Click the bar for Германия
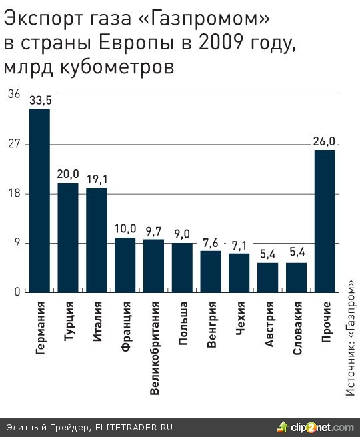click(x=39, y=200)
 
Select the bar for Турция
click(x=68, y=237)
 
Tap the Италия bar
click(x=97, y=240)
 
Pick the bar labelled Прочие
click(x=325, y=220)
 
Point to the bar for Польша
click(x=182, y=267)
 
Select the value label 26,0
click(x=324, y=141)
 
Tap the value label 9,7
click(x=154, y=230)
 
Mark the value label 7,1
click(x=239, y=245)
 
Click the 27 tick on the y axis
click(x=13, y=144)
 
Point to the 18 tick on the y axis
click(x=13, y=193)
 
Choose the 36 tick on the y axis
click(x=13, y=95)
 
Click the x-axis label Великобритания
click(x=154, y=348)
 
